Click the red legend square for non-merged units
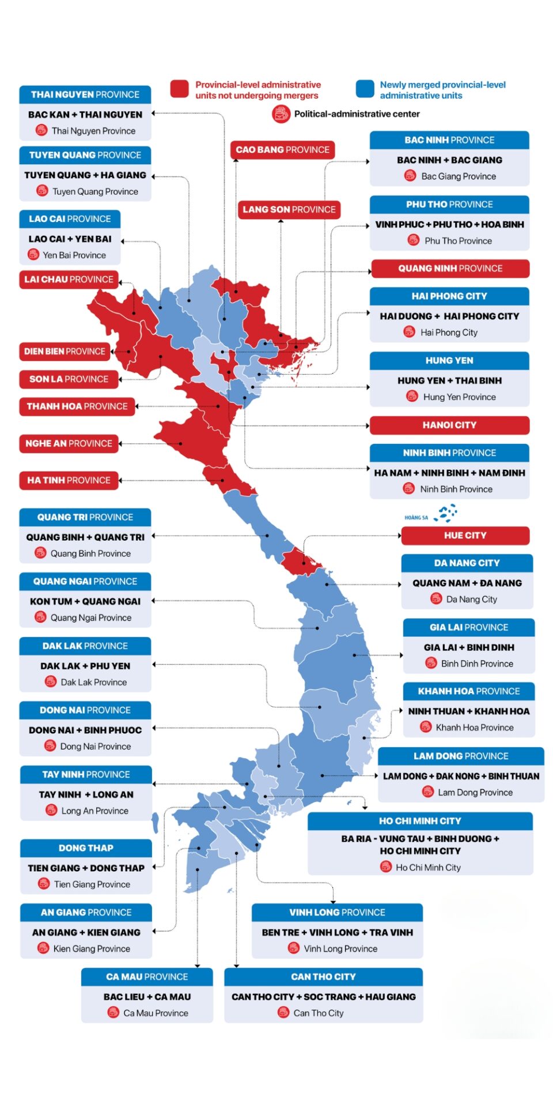tap(179, 89)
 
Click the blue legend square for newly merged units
tap(365, 89)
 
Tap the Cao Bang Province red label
tap(282, 149)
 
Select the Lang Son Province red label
tap(289, 209)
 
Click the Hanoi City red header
tap(449, 425)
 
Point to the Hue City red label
tap(465, 535)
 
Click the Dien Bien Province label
tap(65, 351)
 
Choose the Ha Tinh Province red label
tap(69, 480)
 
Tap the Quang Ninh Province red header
tap(450, 268)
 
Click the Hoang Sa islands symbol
tap(447, 513)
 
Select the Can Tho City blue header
tap(323, 977)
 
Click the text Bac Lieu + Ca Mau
tap(147, 996)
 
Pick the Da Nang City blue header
tap(467, 563)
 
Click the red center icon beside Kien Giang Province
tap(43, 948)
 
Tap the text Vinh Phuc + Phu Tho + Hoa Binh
tap(449, 224)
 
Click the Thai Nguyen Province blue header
tap(85, 95)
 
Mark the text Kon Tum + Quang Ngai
tap(85, 601)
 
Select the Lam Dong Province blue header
tap(461, 756)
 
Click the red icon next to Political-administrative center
tap(281, 114)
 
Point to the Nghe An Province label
tap(69, 443)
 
